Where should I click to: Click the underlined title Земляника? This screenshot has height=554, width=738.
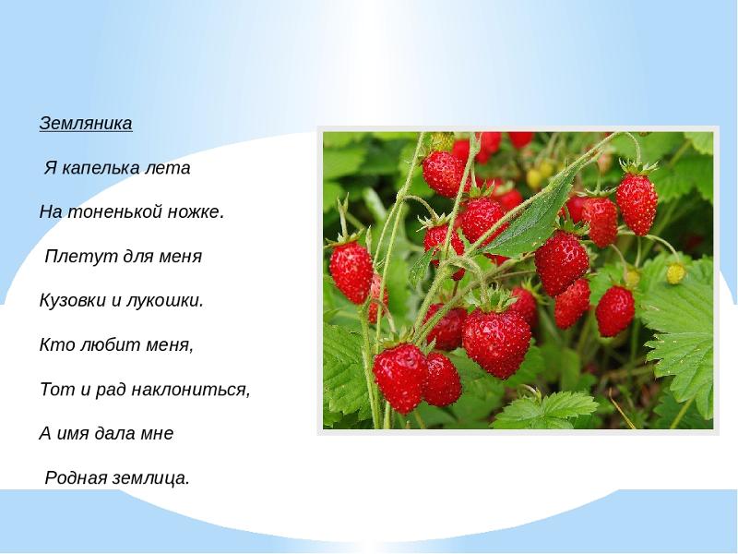tap(86, 124)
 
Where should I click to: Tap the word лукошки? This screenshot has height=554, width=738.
tap(165, 301)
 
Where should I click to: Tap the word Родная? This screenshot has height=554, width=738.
tap(77, 478)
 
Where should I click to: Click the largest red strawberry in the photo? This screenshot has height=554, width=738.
tap(496, 343)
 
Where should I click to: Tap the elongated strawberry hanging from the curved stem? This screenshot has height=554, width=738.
tap(637, 203)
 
